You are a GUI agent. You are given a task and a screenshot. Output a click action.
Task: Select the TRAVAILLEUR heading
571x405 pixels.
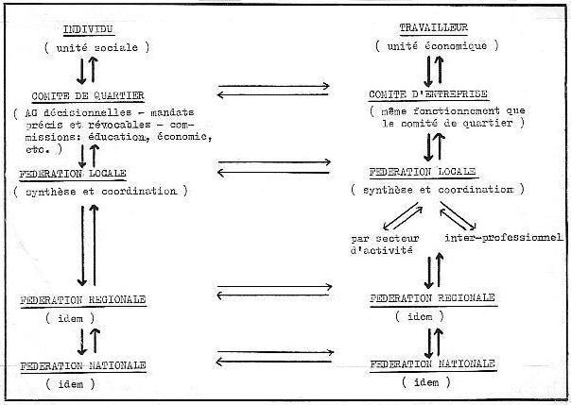pyautogui.click(x=433, y=29)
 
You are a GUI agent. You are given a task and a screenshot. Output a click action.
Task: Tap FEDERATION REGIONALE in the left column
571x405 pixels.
pyautogui.click(x=83, y=299)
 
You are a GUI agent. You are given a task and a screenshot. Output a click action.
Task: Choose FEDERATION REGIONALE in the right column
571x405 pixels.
pyautogui.click(x=432, y=297)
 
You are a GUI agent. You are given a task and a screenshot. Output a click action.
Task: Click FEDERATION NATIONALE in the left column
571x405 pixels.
pyautogui.click(x=82, y=364)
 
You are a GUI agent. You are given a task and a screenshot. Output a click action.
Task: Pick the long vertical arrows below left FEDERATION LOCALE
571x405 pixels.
pyautogui.click(x=86, y=245)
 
